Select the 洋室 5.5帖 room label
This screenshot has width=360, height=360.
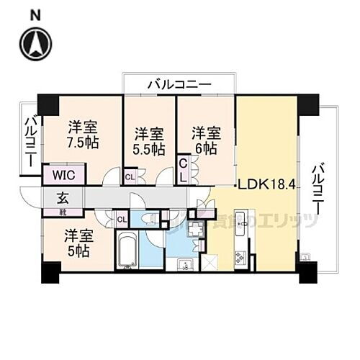pyautogui.click(x=149, y=142)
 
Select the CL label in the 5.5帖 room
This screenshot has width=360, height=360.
pyautogui.click(x=130, y=176)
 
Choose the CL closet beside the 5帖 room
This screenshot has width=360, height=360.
pyautogui.click(x=121, y=218)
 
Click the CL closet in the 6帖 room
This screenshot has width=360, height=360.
pyautogui.click(x=184, y=171)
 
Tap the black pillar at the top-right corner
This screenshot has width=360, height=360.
pyautogui.click(x=307, y=104)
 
